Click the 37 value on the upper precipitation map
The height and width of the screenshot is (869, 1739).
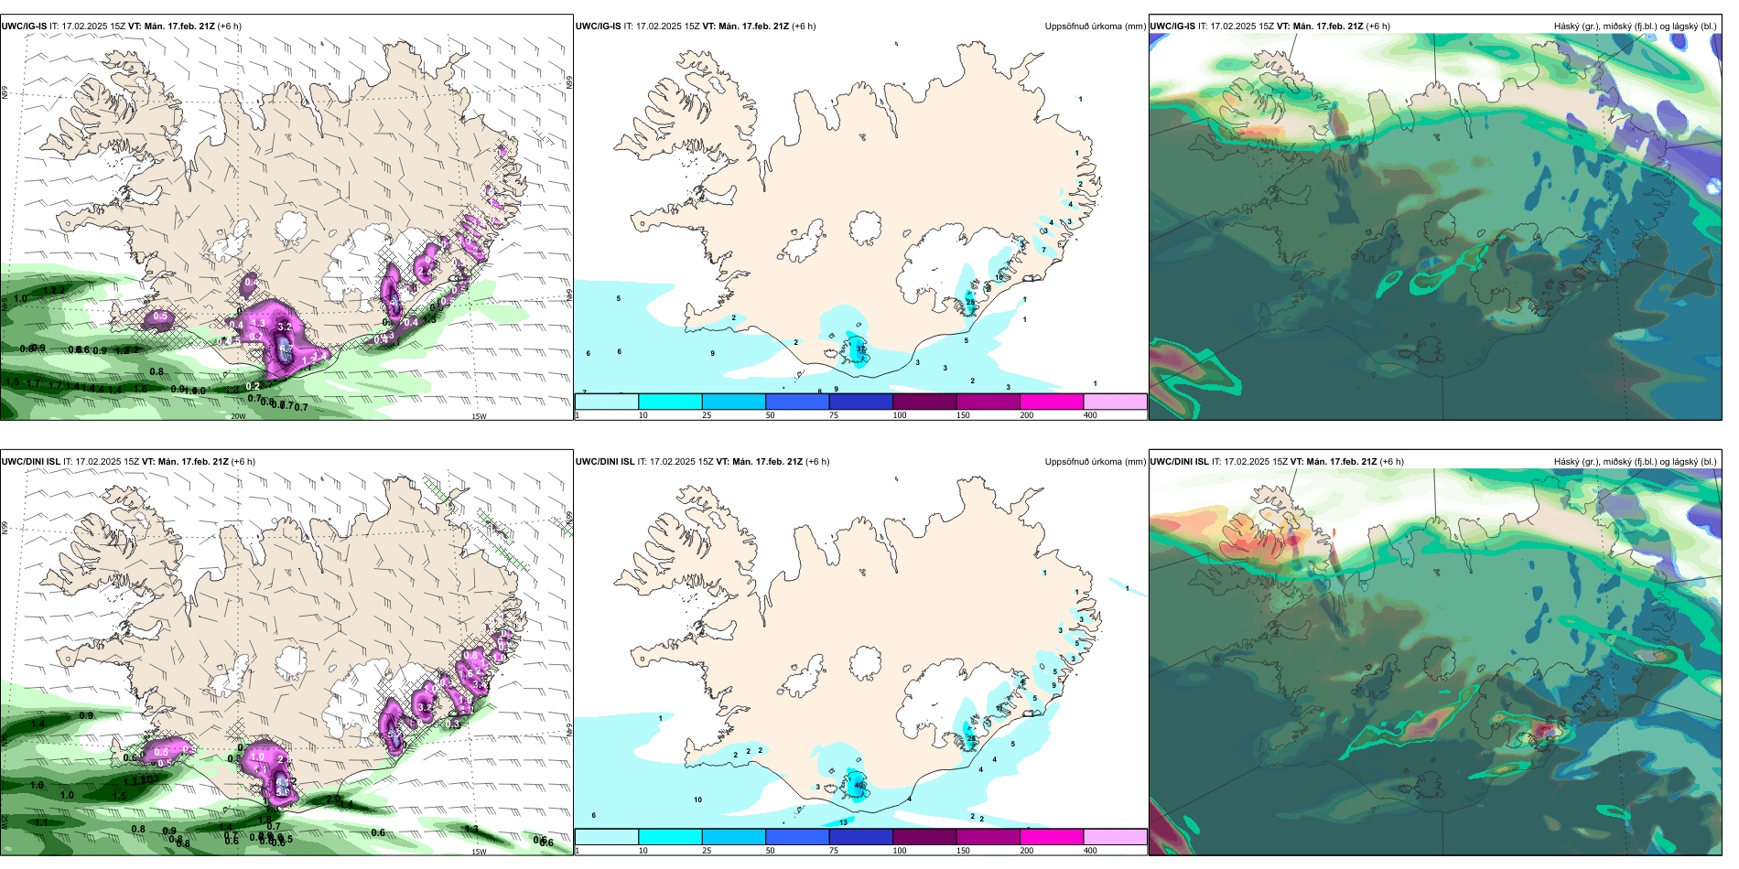pyautogui.click(x=860, y=349)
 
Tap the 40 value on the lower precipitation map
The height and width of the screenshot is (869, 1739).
pyautogui.click(x=859, y=785)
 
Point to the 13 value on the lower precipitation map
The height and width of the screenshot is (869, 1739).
pyautogui.click(x=843, y=822)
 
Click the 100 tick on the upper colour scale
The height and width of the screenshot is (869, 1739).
pyautogui.click(x=900, y=415)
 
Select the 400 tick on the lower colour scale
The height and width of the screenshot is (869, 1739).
pyautogui.click(x=1090, y=851)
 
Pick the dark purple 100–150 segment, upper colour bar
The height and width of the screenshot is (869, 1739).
pyautogui.click(x=924, y=402)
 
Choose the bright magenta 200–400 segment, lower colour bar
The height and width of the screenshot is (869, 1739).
pyautogui.click(x=1052, y=837)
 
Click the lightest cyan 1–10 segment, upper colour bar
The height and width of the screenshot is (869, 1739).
pyautogui.click(x=607, y=402)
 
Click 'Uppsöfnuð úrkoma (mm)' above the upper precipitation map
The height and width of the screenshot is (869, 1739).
pyautogui.click(x=1095, y=27)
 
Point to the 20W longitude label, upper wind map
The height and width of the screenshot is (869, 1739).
pyautogui.click(x=238, y=416)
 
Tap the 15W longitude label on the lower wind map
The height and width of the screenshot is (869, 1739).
pyautogui.click(x=479, y=852)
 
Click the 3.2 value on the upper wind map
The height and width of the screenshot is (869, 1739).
pyautogui.click(x=285, y=327)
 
